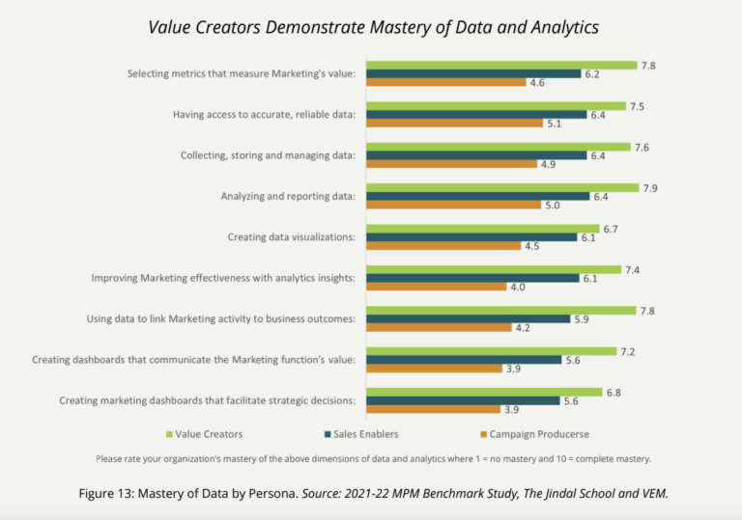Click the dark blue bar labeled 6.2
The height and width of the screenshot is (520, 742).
coord(474,73)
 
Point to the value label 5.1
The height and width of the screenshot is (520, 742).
coord(555,123)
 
